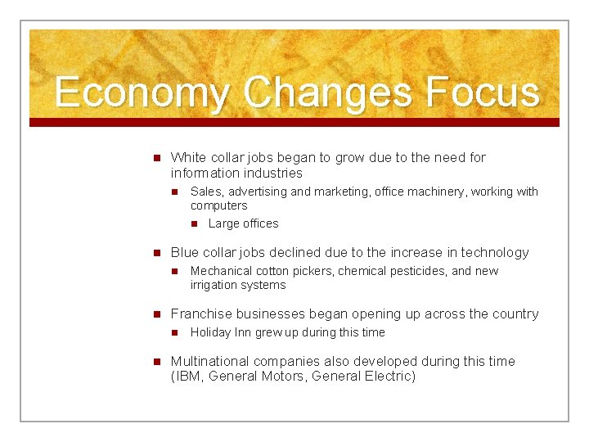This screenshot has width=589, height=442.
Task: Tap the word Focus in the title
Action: point(482,92)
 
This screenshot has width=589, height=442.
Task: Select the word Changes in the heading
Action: point(327,92)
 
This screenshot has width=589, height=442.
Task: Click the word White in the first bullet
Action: point(188,157)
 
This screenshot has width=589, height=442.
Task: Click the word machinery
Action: point(436,192)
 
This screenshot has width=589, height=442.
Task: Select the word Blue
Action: point(185,252)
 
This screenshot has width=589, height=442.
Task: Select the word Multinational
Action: point(210,361)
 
